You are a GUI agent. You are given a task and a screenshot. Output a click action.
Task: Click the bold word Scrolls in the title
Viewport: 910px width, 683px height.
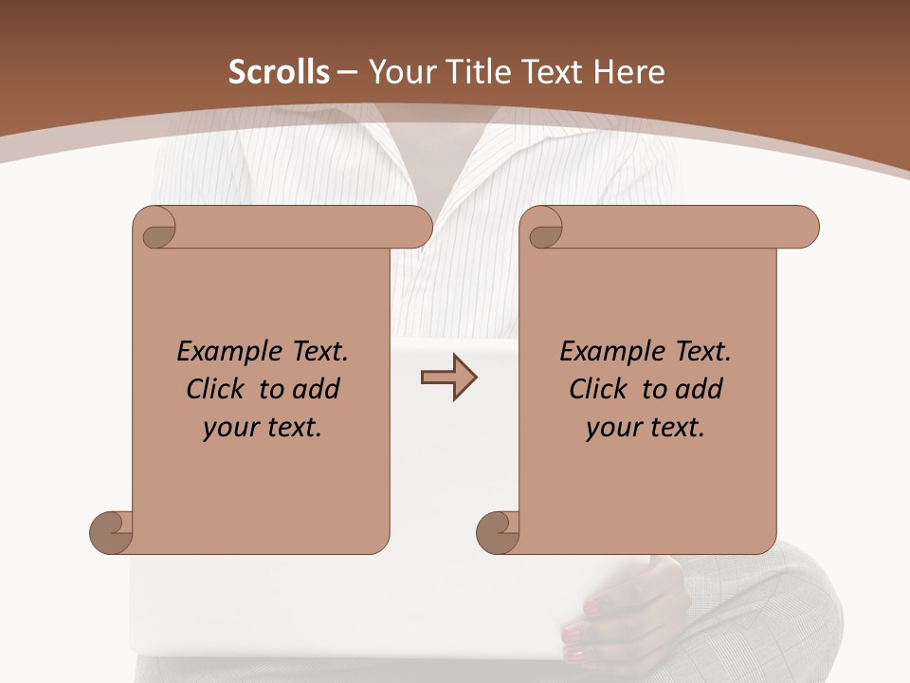pyautogui.click(x=280, y=72)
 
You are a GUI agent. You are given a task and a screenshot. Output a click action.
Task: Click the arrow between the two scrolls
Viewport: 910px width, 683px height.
pyautogui.click(x=449, y=378)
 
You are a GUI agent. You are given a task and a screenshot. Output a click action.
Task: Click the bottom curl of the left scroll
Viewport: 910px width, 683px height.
pyautogui.click(x=112, y=531)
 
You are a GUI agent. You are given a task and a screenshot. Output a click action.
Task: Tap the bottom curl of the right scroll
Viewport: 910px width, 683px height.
pyautogui.click(x=499, y=531)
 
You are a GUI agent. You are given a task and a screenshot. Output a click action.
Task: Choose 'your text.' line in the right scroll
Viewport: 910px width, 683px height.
pyautogui.click(x=646, y=428)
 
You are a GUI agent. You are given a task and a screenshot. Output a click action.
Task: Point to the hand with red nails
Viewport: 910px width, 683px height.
pyautogui.click(x=626, y=607)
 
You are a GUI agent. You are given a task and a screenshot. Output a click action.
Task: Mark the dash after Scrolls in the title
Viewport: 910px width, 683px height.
pyautogui.click(x=347, y=72)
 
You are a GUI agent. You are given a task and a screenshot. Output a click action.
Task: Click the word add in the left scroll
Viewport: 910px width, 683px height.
pyautogui.click(x=316, y=389)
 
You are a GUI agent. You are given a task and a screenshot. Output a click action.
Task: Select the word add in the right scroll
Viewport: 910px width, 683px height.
pyautogui.click(x=699, y=389)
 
